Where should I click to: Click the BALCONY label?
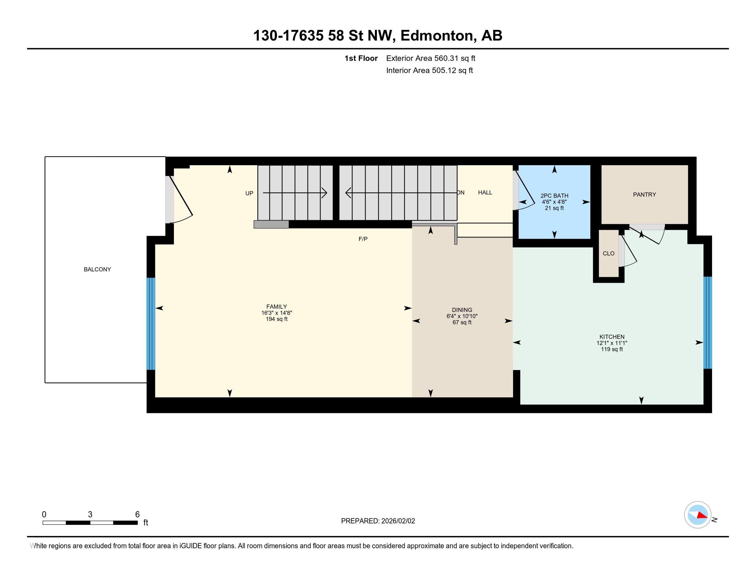pyautogui.click(x=97, y=270)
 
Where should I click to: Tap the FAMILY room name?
pyautogui.click(x=277, y=306)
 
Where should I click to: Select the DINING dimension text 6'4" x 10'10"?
pyautogui.click(x=462, y=316)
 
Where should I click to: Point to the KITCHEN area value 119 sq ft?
pyautogui.click(x=612, y=349)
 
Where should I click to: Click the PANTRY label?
pyautogui.click(x=645, y=195)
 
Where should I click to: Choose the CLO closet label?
pyautogui.click(x=609, y=254)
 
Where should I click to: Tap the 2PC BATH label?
pyautogui.click(x=555, y=196)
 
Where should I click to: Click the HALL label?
pyautogui.click(x=485, y=192)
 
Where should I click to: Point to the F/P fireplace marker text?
pyautogui.click(x=363, y=239)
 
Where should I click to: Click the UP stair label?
pyautogui.click(x=249, y=193)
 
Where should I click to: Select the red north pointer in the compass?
pyautogui.click(x=702, y=515)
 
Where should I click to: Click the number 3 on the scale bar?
pyautogui.click(x=90, y=515)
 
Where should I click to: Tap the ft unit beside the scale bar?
pyautogui.click(x=146, y=523)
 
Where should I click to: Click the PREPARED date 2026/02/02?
pyautogui.click(x=398, y=521)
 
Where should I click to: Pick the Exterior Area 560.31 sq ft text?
pyautogui.click(x=431, y=58)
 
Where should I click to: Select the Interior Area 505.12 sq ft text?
pyautogui.click(x=430, y=70)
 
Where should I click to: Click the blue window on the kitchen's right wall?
pyautogui.click(x=708, y=323)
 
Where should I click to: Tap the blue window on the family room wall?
pyautogui.click(x=151, y=324)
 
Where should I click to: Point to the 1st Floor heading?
pyautogui.click(x=361, y=58)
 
